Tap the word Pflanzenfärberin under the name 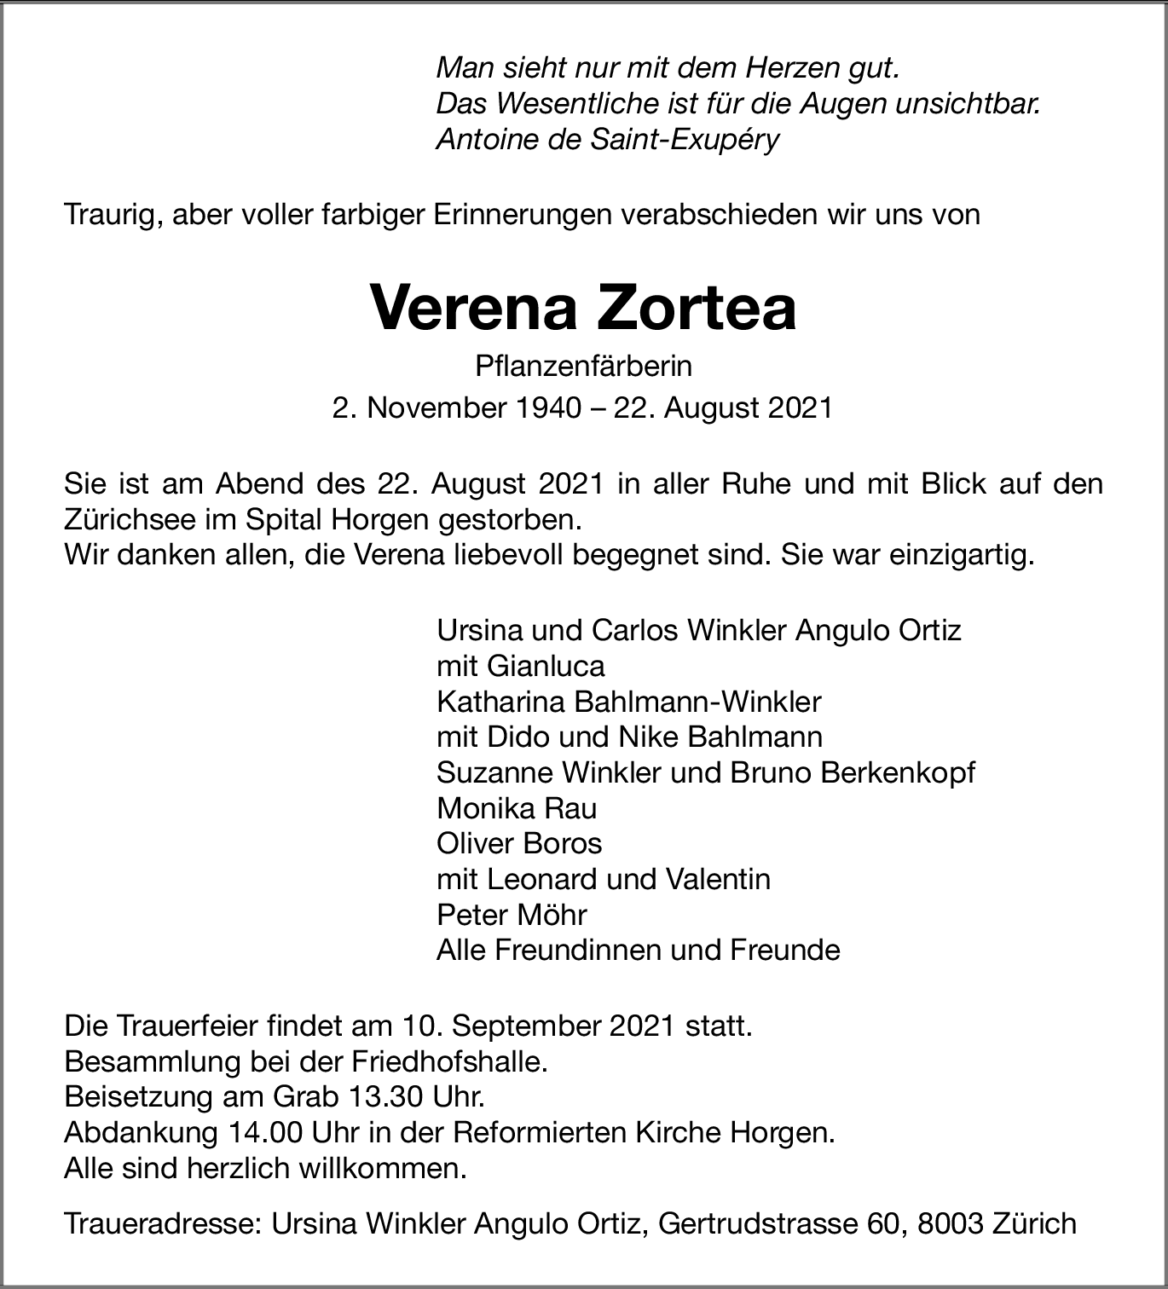tap(584, 367)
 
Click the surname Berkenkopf tap(898, 772)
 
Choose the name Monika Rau tap(517, 808)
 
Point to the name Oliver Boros tap(519, 843)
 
